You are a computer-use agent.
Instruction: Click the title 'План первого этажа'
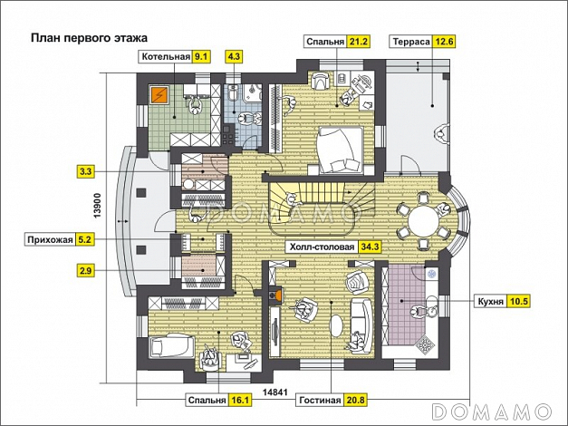tap(88, 38)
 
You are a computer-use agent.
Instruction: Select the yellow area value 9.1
tap(202, 56)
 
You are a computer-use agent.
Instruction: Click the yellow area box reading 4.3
tap(235, 56)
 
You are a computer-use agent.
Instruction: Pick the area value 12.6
tap(445, 42)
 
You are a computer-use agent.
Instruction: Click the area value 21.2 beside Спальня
tap(360, 42)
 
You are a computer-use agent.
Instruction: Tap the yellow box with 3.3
tap(85, 170)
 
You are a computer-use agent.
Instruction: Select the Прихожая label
tap(49, 240)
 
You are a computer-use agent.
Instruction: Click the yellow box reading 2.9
tap(85, 269)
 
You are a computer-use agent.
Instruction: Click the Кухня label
tap(488, 300)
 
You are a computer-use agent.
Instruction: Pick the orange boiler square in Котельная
tap(159, 95)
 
